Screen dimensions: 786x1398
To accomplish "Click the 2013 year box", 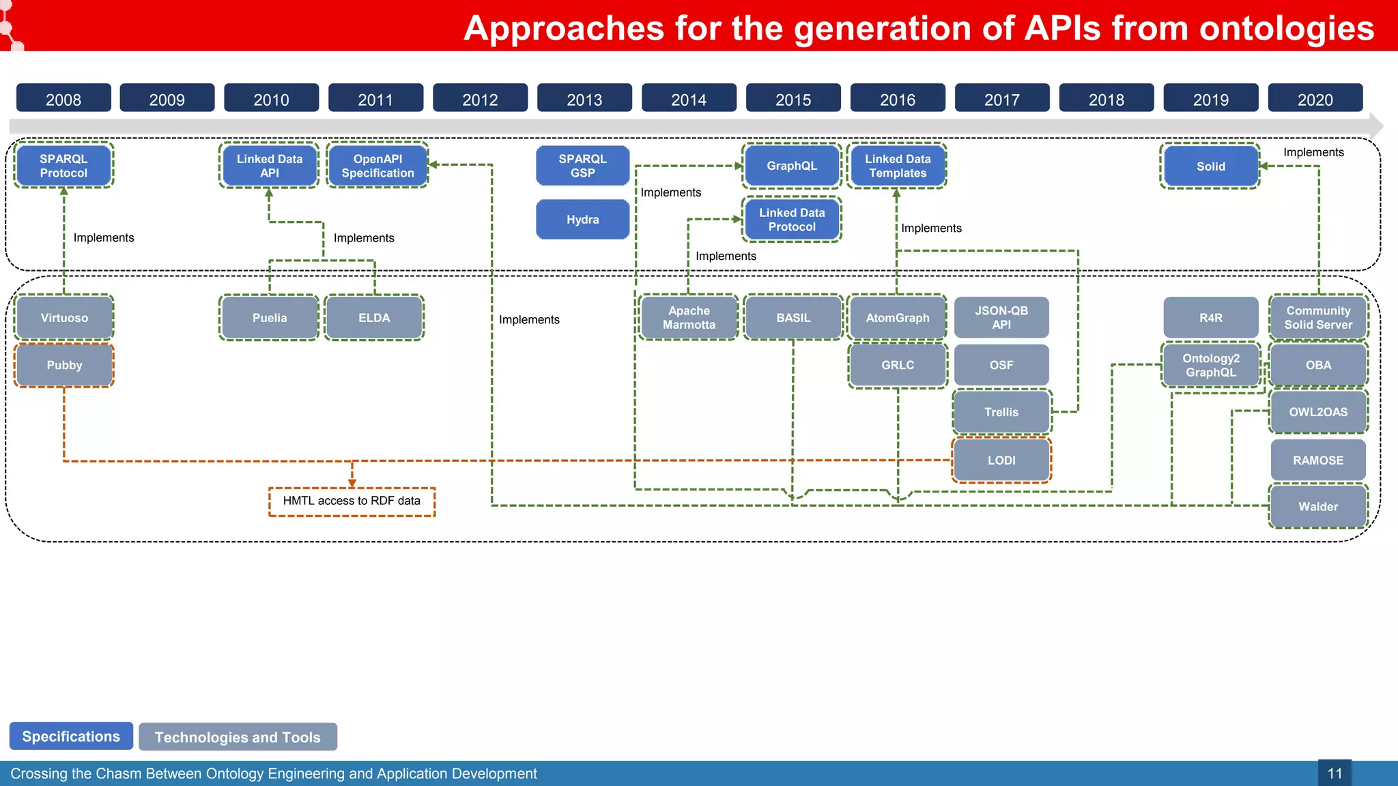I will coord(584,99).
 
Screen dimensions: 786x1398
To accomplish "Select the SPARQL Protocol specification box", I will coord(63,166).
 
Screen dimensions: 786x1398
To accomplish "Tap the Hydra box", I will coord(582,220).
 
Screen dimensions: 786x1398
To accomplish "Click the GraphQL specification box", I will coord(791,166).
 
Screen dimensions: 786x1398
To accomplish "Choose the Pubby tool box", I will coord(64,365).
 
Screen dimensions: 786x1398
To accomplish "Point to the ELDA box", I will coord(374,318).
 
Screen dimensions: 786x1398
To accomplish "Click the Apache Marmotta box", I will coord(689,318).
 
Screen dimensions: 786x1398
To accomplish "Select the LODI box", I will coord(1001,461).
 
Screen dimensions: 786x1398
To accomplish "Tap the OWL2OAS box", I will coord(1318,412).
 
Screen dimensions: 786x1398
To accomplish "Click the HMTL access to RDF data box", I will coord(352,501).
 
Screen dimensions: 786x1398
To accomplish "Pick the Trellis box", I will coord(1001,412).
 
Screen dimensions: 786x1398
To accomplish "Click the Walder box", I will coord(1318,507).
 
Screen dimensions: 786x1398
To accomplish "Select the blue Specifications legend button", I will coord(71,736).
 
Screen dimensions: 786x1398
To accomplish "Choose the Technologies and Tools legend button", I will coord(238,737).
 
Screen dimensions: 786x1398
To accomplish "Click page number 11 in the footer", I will coord(1335,774).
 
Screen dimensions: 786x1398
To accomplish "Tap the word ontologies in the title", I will coord(1286,29).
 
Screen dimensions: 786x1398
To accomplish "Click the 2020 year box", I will coord(1315,99).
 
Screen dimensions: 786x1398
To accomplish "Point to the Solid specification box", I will coord(1210,166).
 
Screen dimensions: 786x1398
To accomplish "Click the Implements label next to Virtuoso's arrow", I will coord(104,237).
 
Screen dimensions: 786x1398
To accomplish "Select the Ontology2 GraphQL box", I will coord(1210,365).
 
